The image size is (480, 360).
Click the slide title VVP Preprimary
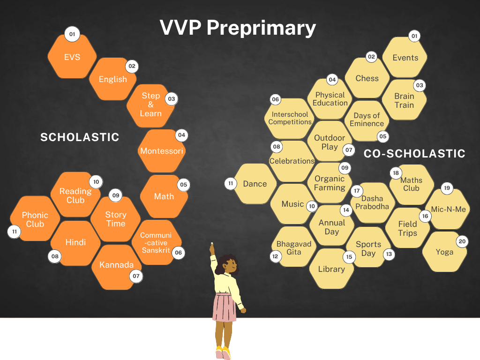coord(238,28)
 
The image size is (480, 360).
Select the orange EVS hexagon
coord(72,57)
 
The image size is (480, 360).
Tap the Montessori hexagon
coord(162,151)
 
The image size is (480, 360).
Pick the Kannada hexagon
coord(116,265)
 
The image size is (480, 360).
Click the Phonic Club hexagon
coord(35,219)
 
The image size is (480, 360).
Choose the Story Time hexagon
coord(116,219)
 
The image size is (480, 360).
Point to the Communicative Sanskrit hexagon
coord(156,242)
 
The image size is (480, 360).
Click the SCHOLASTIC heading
coord(80,137)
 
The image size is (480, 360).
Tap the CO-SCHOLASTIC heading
coord(414,153)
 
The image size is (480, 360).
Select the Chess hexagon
coord(367,78)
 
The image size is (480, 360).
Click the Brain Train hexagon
coord(404,100)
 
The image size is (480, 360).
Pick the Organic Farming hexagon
coord(330,183)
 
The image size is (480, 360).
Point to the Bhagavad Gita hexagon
coord(294,248)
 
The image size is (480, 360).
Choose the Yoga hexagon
coord(444,252)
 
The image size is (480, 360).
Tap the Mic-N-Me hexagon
coord(449,209)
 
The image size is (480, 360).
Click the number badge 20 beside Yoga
coord(462,241)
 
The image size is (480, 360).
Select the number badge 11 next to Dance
coord(230,183)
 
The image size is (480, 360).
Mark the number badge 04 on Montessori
coord(181,135)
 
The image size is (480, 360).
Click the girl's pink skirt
coord(225,307)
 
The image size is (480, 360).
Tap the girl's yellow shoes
coord(223,352)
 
